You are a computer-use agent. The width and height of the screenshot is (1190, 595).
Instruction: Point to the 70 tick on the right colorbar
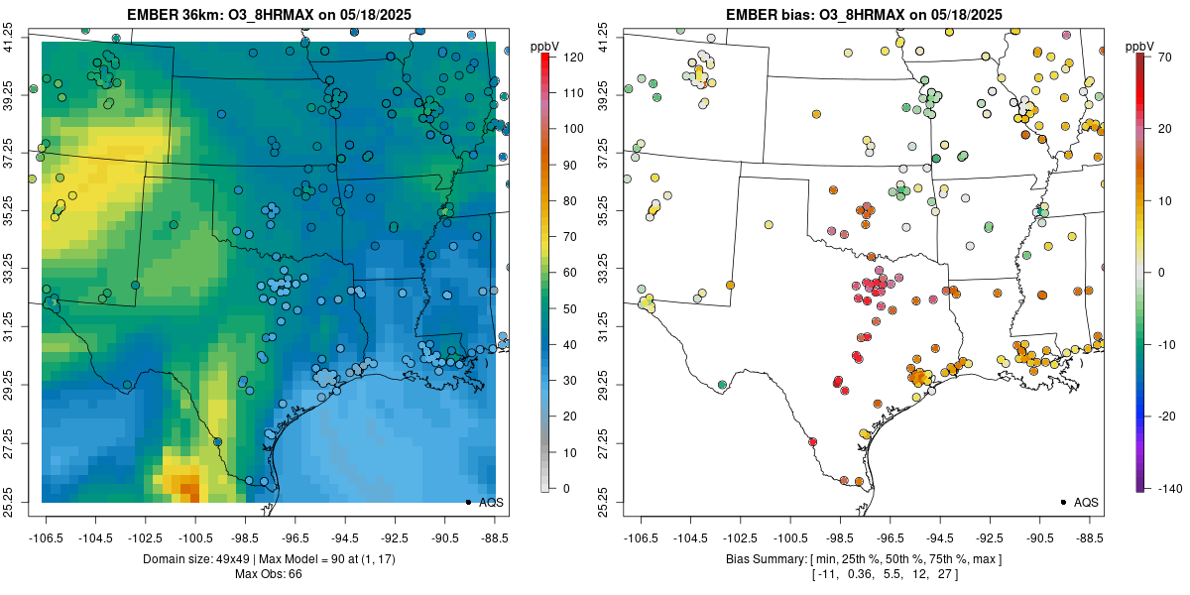1164,58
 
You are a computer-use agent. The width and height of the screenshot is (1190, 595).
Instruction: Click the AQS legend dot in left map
467,503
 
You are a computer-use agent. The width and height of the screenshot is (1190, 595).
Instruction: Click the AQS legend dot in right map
1062,503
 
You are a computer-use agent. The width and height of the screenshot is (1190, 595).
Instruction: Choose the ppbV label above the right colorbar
1141,47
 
